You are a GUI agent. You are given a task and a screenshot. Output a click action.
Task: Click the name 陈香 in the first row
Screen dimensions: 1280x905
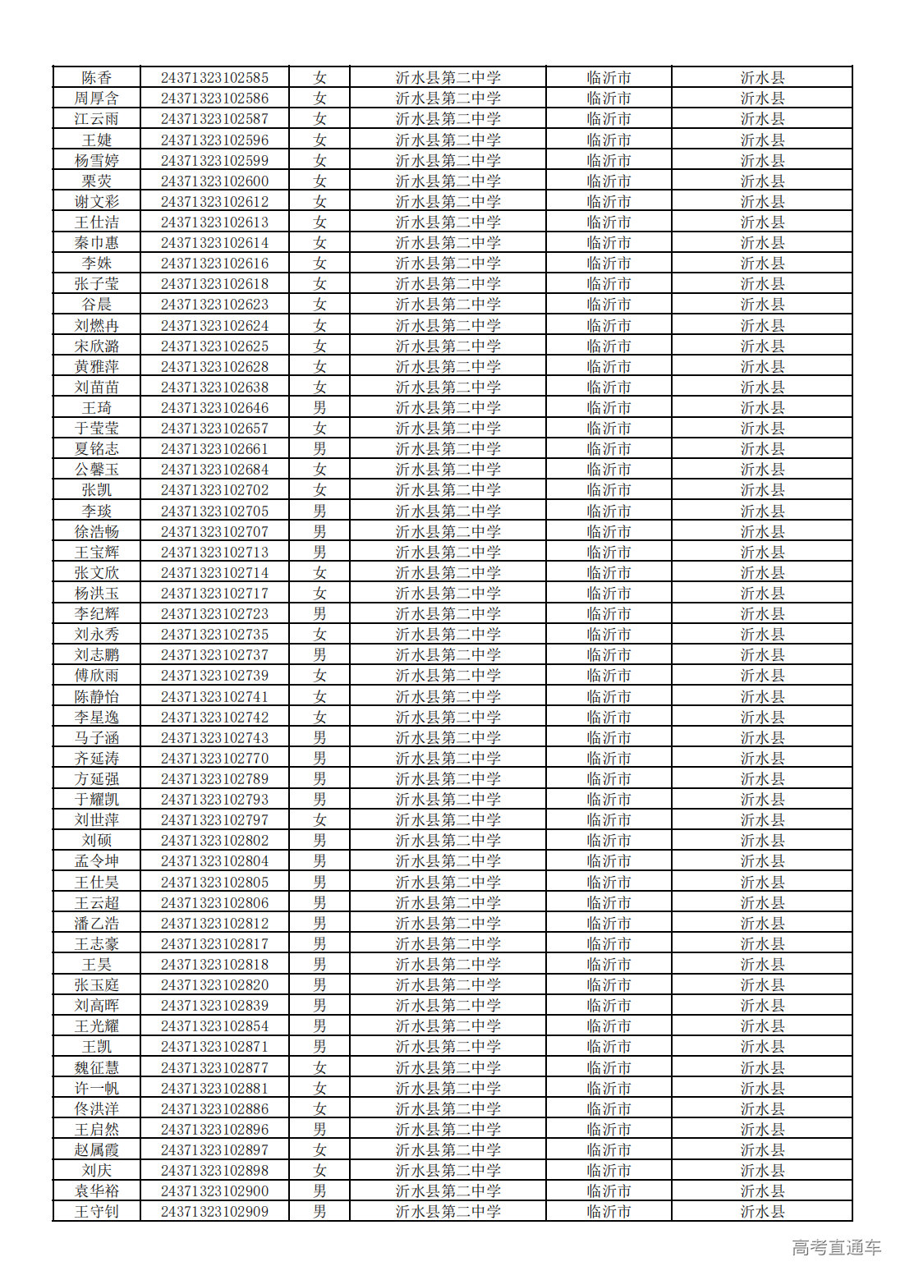click(96, 78)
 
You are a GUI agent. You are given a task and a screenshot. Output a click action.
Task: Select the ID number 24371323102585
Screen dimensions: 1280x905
click(214, 78)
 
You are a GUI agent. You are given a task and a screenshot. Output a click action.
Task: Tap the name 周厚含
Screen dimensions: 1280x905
click(96, 99)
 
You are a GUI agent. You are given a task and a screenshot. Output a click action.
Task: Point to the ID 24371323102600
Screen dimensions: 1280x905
click(214, 181)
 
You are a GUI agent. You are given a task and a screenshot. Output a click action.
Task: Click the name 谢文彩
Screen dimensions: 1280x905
click(96, 202)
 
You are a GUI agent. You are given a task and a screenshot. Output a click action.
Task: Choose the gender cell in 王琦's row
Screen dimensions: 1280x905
click(319, 408)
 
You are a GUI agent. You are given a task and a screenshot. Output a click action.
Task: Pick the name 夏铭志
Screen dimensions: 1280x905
click(96, 449)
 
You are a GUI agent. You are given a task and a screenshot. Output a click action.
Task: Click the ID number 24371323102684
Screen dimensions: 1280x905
click(214, 470)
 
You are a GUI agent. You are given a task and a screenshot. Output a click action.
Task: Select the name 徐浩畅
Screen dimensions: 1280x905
click(96, 532)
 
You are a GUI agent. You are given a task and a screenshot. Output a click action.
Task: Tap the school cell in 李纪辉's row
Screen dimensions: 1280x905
click(448, 614)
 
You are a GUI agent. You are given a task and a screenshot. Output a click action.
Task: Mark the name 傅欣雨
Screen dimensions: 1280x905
click(96, 676)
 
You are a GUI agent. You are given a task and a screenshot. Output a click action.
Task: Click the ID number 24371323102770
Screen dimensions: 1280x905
click(214, 759)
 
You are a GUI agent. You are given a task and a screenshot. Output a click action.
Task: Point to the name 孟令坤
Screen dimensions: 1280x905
click(96, 861)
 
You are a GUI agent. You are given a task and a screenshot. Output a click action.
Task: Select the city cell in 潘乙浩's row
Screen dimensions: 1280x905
click(609, 924)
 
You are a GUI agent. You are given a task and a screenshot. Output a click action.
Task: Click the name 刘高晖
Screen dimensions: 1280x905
click(96, 1006)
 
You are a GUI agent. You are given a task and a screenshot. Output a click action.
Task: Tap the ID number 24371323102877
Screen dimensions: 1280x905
click(214, 1068)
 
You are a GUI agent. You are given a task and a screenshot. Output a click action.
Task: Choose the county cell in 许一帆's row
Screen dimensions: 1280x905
click(762, 1089)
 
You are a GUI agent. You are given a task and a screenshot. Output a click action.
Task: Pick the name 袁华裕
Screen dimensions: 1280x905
click(96, 1191)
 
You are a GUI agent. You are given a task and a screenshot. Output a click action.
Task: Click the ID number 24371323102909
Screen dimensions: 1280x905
click(214, 1212)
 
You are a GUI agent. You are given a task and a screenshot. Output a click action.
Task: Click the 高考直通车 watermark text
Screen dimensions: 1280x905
click(836, 1248)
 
